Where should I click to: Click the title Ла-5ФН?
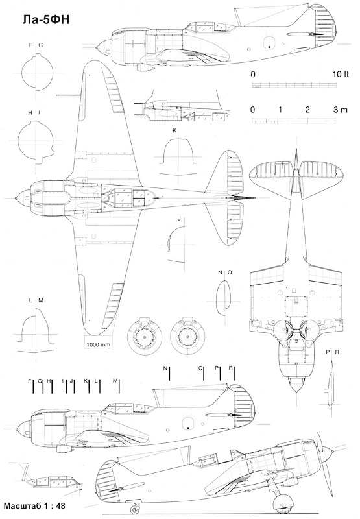click(46, 20)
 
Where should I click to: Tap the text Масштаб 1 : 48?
click(34, 506)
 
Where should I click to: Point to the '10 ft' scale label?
click(341, 74)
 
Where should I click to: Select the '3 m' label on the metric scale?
click(341, 110)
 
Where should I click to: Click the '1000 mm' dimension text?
click(98, 344)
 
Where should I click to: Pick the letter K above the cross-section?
click(174, 130)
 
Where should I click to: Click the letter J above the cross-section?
click(179, 219)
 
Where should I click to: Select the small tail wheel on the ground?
click(135, 509)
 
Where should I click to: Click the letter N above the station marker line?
click(165, 368)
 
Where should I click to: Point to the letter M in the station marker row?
click(115, 381)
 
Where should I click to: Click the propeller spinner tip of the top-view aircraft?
click(16, 198)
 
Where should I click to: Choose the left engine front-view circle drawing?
click(145, 336)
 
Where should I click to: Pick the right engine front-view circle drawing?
click(187, 336)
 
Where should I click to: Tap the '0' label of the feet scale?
click(253, 74)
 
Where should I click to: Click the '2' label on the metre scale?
click(307, 110)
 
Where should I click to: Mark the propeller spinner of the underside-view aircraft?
click(296, 384)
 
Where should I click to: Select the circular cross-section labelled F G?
click(37, 73)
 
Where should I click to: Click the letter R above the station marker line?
click(231, 368)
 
